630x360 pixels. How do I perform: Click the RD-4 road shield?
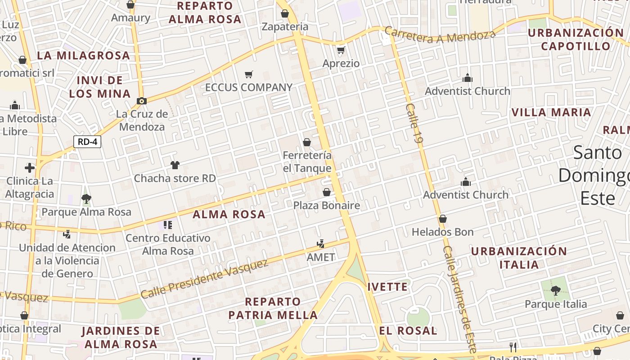tap(87, 142)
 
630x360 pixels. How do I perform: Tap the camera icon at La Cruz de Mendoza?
tap(142, 101)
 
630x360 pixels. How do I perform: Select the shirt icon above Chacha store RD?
tap(175, 165)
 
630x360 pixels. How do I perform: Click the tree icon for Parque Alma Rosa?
tap(86, 198)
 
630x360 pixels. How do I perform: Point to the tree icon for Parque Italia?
tap(556, 291)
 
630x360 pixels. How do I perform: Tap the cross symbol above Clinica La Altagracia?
tap(30, 168)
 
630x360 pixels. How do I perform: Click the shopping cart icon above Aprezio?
tap(341, 50)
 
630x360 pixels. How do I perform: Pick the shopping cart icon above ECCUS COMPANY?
tap(249, 74)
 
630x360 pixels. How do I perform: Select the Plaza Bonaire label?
tap(327, 206)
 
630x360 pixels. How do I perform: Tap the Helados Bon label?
tap(443, 232)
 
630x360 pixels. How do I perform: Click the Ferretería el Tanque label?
tap(307, 162)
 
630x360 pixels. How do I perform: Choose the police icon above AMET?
tap(321, 244)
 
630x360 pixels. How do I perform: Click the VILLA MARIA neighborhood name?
tap(551, 112)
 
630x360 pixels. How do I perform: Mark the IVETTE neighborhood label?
tap(387, 287)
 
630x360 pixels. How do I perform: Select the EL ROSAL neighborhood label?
tap(408, 331)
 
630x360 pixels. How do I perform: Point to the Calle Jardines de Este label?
tap(459, 299)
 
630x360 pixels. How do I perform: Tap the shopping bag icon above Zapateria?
tap(285, 13)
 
